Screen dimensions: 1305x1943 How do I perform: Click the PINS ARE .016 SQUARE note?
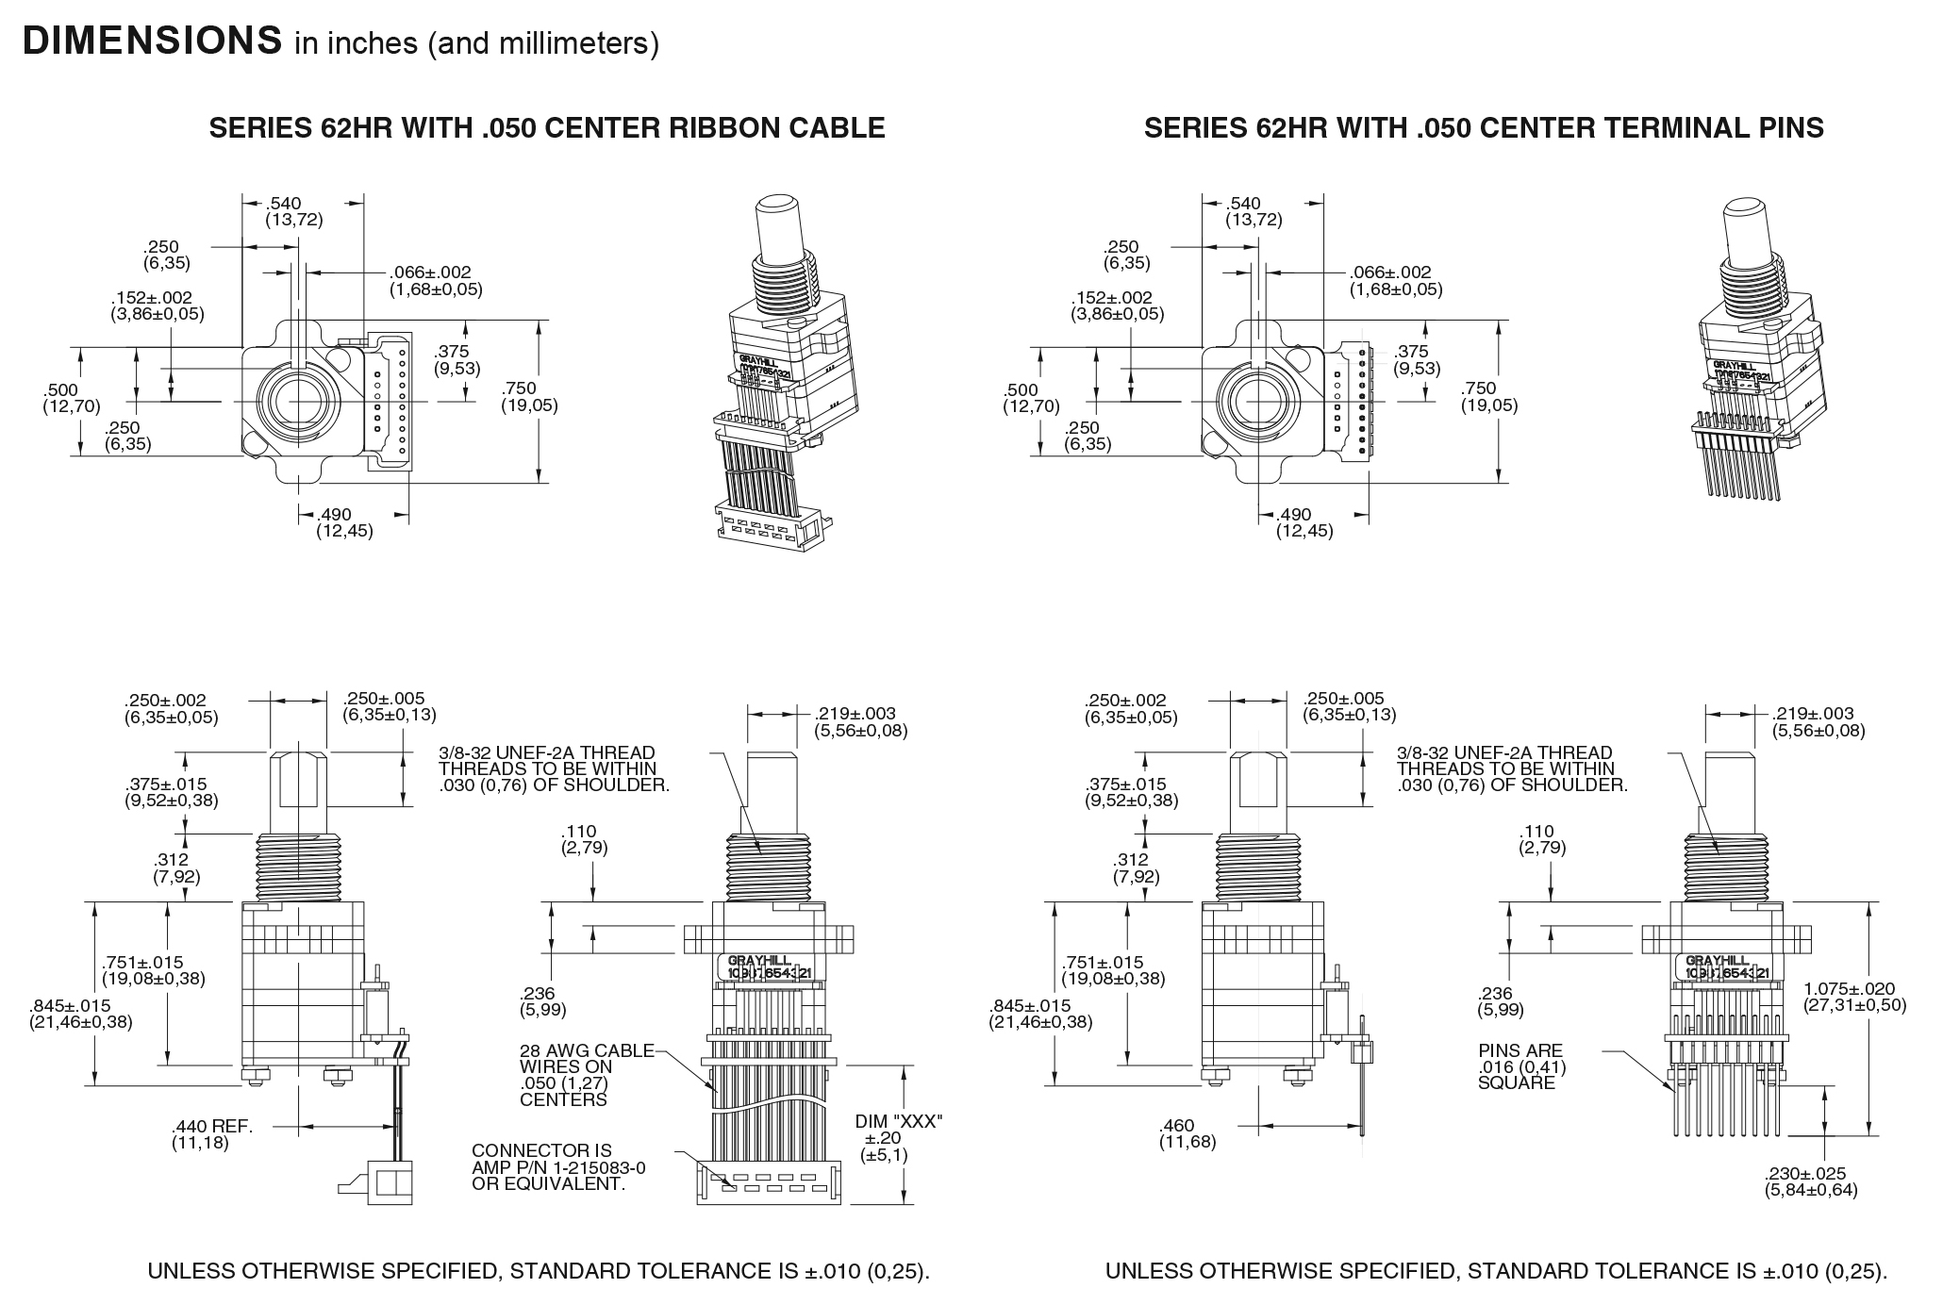1520,1066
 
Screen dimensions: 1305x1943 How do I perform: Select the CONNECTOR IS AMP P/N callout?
557,1166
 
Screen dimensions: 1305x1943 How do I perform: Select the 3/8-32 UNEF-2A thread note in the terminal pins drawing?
1511,768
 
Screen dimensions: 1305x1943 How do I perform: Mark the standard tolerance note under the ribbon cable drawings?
539,1271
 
